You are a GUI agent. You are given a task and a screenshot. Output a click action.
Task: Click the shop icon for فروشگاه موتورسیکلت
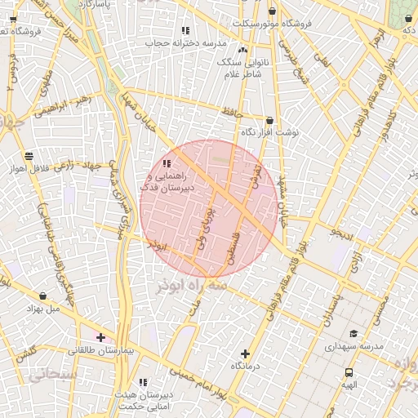click(x=272, y=11)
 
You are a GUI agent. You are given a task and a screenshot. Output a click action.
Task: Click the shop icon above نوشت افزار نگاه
click(x=269, y=120)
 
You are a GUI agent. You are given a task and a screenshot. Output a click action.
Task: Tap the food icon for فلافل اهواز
click(x=29, y=155)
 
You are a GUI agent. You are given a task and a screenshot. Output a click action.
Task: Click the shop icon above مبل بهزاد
click(x=42, y=296)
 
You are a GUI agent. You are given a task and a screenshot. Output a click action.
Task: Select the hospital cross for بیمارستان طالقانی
click(x=100, y=337)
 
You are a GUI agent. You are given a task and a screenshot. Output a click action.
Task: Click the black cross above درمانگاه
click(x=245, y=354)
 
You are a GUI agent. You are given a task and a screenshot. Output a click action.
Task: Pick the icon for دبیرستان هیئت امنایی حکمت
click(x=143, y=382)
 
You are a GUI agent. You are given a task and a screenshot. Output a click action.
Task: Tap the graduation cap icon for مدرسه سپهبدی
click(x=354, y=333)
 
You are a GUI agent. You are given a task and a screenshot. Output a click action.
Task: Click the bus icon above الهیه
click(x=349, y=373)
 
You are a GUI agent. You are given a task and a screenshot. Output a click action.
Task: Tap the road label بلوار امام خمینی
click(x=196, y=381)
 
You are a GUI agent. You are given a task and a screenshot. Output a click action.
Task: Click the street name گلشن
click(x=25, y=354)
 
